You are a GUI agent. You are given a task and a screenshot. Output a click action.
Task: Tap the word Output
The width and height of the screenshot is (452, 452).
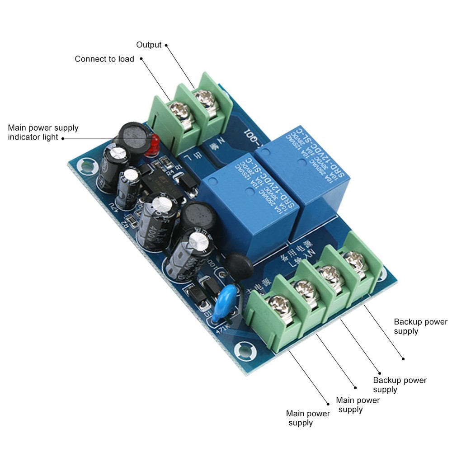click(149, 45)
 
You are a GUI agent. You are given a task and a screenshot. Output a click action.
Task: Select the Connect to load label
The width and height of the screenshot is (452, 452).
click(104, 59)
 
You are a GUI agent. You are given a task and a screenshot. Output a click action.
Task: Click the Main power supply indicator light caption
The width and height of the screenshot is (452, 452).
click(43, 132)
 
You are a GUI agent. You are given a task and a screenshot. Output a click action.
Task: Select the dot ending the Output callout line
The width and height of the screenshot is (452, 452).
click(166, 45)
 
